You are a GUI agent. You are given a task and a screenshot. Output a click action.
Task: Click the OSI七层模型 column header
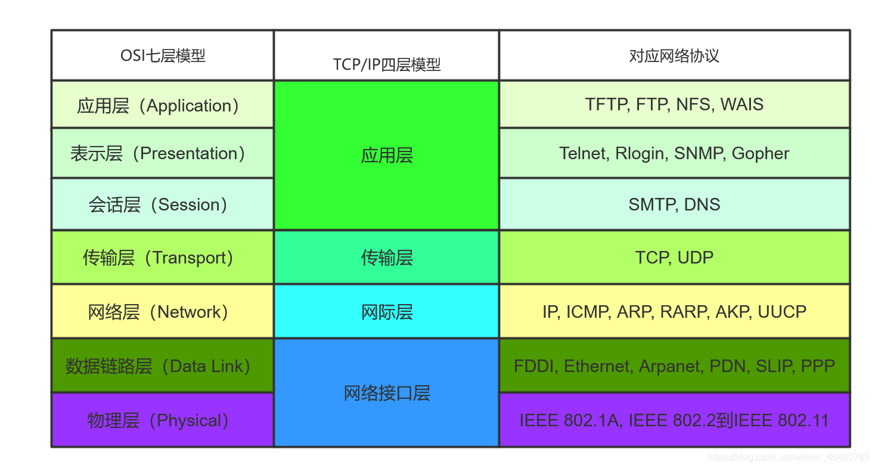pos(163,56)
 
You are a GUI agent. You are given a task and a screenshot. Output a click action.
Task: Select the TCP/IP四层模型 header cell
pos(386,64)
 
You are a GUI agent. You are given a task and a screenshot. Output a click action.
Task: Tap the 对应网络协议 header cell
pos(674,56)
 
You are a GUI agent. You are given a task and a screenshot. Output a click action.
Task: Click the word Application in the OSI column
pos(188,106)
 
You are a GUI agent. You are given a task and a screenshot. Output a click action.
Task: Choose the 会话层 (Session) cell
pos(158,204)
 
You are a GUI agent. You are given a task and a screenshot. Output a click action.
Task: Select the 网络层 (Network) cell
pos(158,312)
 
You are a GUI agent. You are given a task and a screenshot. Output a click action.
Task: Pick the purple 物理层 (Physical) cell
pos(158,420)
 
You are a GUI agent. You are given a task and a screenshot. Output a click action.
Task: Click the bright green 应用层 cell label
pos(386,156)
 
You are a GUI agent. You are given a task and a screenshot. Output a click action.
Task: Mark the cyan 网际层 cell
pos(386,312)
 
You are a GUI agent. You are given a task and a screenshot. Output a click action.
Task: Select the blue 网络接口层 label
pos(386,393)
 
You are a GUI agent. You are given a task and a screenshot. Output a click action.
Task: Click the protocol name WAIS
pos(741,104)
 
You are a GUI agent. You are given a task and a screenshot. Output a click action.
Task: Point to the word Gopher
pos(761,153)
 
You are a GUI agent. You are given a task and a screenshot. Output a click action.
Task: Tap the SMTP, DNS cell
pos(674,204)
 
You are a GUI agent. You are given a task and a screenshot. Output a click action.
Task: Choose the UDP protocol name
pos(696,258)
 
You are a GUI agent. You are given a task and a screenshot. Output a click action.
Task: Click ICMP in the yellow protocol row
pos(588,312)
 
